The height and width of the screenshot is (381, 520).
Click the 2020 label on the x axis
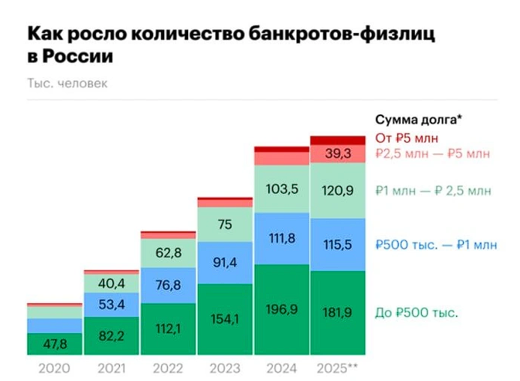coord(54,368)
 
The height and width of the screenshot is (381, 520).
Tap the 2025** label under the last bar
coord(339,368)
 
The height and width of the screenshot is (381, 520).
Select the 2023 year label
coord(225,368)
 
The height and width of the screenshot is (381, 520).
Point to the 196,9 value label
coord(282,309)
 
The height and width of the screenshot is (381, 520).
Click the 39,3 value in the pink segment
coord(339,154)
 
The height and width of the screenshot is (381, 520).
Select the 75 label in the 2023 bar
coord(225,224)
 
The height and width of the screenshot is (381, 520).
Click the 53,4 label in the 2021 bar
coord(111,303)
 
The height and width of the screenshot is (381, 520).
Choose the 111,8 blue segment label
coord(282,238)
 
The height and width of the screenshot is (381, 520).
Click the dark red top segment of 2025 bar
coord(339,140)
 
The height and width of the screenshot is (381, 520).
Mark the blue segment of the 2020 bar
coord(54,326)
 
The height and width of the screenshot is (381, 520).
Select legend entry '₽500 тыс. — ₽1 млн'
coord(435,245)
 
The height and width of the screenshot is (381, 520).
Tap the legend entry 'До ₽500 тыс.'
coord(416,312)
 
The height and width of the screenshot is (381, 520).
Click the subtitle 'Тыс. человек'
coord(67,83)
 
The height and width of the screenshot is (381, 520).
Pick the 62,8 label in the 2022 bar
coord(168,253)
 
